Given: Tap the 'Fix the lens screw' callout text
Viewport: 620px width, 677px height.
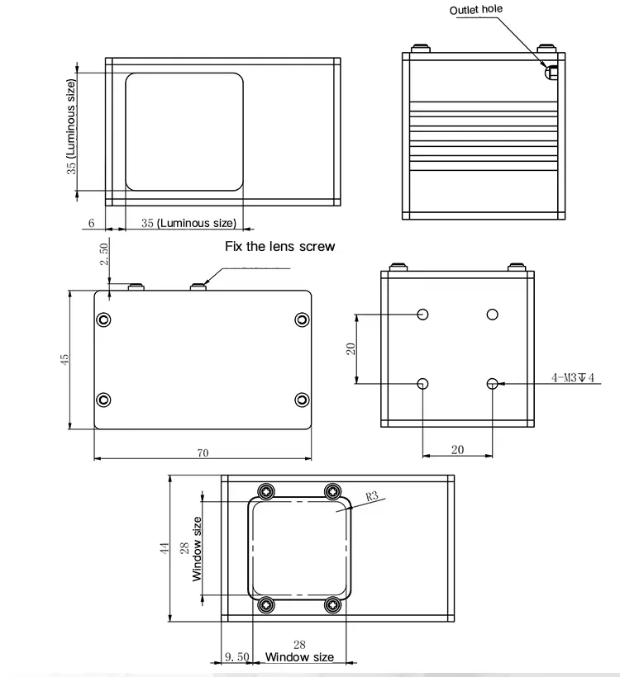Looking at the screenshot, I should click(280, 246).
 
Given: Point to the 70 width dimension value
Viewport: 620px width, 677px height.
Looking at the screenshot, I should click(203, 452).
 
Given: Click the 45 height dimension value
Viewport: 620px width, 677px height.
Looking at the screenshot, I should click(64, 358).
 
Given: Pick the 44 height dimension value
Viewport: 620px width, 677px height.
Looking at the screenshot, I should click(165, 548).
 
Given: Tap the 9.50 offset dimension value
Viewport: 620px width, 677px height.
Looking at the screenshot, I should click(236, 656).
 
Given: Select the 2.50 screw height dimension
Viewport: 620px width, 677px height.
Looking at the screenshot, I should click(103, 253).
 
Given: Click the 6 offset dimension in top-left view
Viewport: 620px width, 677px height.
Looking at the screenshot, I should click(91, 223).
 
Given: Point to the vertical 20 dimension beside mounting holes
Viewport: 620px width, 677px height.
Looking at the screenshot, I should click(351, 348).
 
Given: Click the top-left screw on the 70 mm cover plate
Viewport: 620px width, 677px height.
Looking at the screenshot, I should click(103, 320).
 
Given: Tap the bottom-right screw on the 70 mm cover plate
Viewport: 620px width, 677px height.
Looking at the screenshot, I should click(302, 400).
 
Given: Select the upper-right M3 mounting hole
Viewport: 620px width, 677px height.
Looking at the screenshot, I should click(493, 314).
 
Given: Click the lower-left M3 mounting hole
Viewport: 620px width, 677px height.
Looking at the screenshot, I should click(423, 383).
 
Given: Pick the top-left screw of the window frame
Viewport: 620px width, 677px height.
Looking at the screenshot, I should click(265, 491).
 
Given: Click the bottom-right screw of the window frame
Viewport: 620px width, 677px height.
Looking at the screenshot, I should click(333, 605).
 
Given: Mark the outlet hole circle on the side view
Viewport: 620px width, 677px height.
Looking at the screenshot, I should click(549, 73).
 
